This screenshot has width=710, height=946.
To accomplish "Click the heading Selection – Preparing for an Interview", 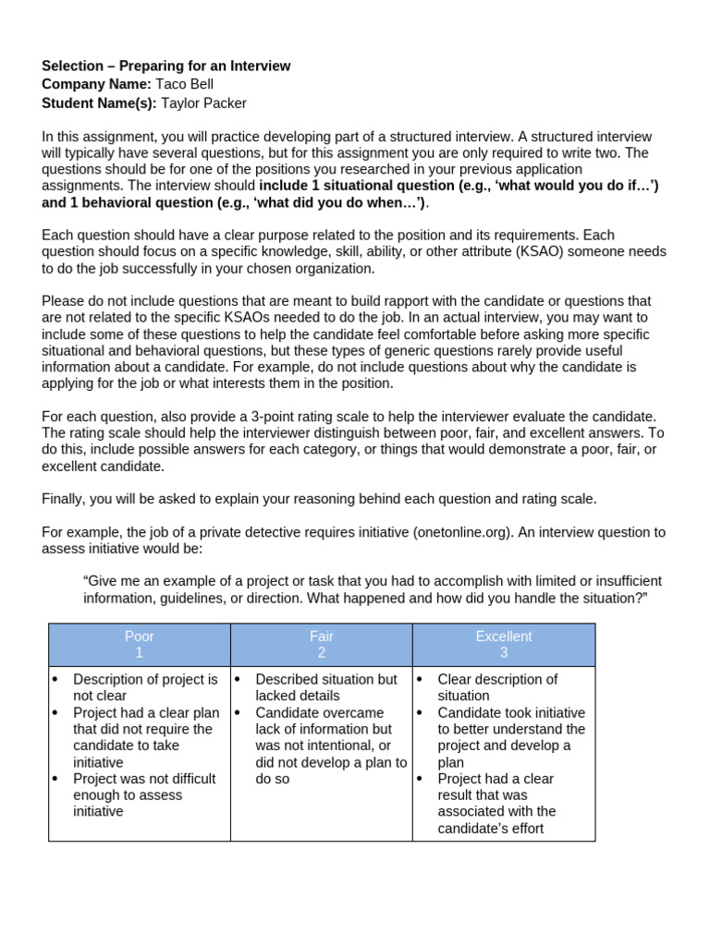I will pos(165,67).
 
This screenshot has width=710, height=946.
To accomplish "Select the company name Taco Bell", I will pos(184,85).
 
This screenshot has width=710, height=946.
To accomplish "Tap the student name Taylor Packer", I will pos(203,103).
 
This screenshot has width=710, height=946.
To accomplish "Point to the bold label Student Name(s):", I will pos(99,103).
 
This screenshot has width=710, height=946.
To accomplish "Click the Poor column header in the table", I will pos(140,637).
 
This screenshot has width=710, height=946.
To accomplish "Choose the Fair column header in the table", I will pos(322,637).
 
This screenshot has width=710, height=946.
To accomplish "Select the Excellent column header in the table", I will pos(504,637).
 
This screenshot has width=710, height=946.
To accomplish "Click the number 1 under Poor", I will pos(140,653).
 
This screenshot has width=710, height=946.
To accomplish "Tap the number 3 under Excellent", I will pos(504,653).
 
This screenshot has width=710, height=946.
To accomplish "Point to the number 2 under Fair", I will pos(322,653).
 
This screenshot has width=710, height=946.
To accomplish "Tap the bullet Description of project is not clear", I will pos(145,687).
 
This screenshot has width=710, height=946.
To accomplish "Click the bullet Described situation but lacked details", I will pos(325,687).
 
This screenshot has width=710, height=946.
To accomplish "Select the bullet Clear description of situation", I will pos(497,687).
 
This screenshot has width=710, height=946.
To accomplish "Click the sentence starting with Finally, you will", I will pos(319,499).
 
